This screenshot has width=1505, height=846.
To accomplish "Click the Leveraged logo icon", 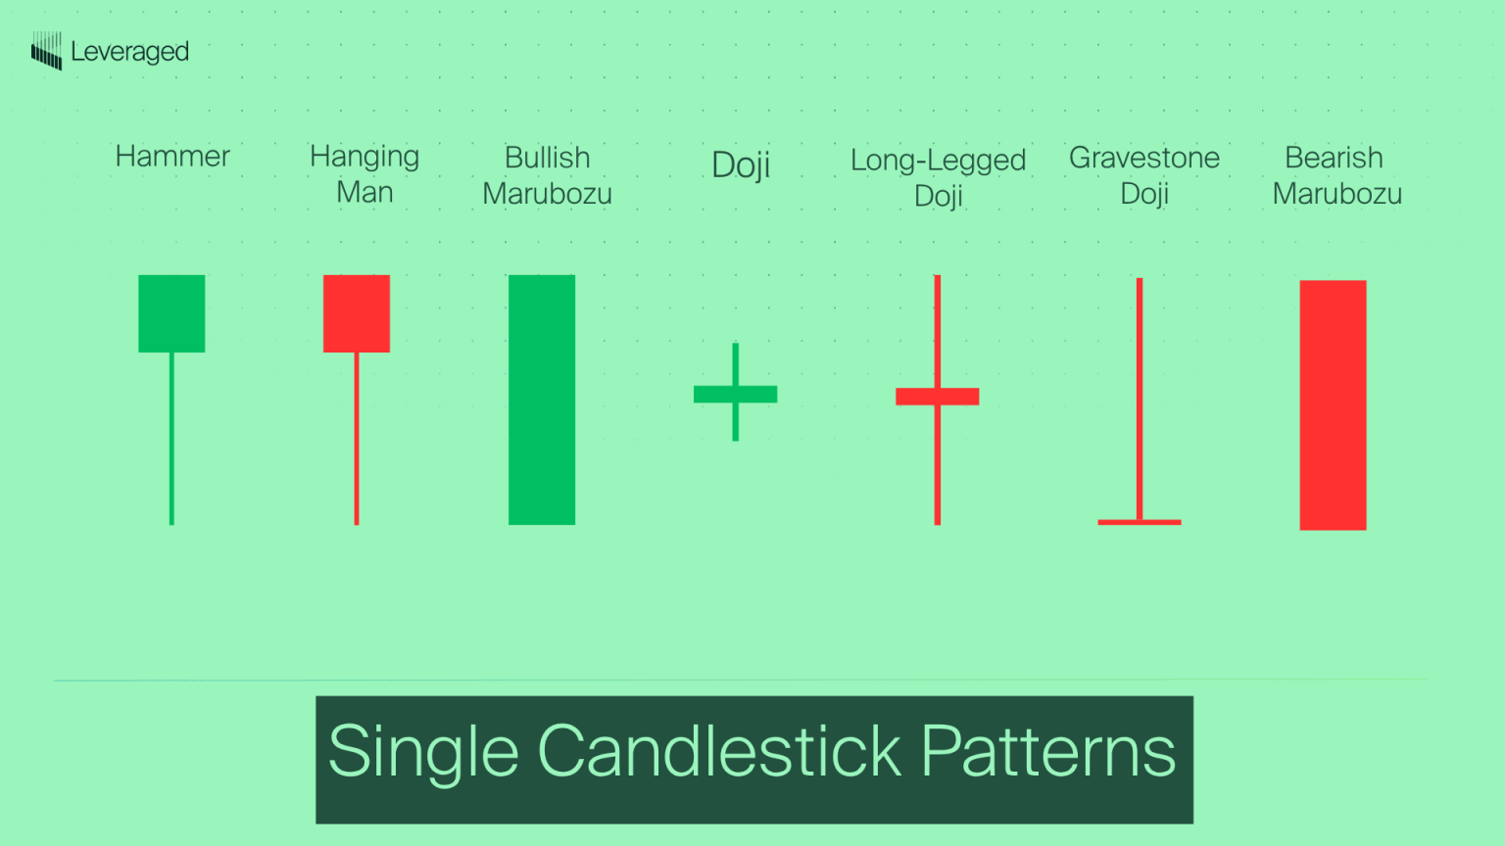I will point(46,51).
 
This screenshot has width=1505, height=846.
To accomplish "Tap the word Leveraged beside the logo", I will point(129,52).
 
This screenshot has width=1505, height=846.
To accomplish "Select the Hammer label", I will point(172,157).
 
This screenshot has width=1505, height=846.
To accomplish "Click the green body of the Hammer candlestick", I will point(171,313).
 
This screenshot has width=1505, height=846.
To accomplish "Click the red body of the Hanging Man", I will point(357,313).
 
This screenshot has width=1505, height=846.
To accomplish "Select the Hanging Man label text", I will point(364,174).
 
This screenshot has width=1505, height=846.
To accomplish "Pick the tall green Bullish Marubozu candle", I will point(542,399).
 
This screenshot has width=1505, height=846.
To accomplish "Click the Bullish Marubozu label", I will point(547,175).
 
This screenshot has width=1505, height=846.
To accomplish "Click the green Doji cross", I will point(735,394).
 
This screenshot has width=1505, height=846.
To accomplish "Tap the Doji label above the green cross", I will point(741,164).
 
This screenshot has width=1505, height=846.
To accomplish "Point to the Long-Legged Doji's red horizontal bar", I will point(937,397).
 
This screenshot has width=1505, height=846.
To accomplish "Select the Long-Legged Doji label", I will point(938,177).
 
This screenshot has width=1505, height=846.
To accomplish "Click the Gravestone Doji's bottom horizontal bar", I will point(1140,522).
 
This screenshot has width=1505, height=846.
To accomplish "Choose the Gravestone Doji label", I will point(1144,175).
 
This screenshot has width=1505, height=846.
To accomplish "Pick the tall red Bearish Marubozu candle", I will point(1333,405).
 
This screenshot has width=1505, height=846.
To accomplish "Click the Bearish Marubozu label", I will point(1336,175).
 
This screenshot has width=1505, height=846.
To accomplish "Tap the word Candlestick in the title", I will point(719,752).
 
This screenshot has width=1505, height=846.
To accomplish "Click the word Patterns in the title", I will point(1048,752).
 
